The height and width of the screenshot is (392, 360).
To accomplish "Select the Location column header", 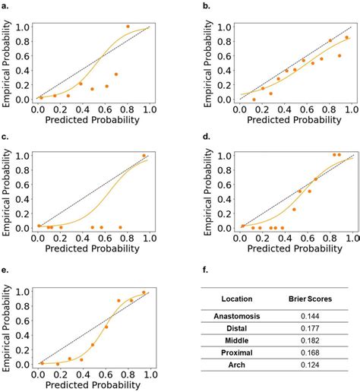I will point(237,299).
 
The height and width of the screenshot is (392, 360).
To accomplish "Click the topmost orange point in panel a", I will point(128,27).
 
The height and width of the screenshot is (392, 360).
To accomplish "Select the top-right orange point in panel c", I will point(144,156).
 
